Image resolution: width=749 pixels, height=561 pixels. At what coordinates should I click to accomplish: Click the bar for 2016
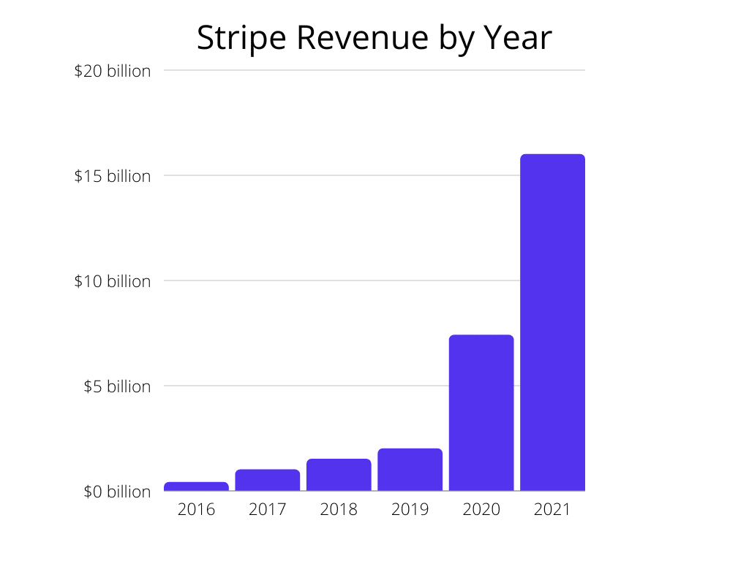coord(196,486)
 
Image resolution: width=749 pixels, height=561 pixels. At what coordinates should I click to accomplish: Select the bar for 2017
coord(267,480)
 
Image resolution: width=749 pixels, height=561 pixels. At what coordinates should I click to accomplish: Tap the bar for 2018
coord(339,475)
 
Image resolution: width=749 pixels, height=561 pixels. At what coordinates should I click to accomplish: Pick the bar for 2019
coord(410,470)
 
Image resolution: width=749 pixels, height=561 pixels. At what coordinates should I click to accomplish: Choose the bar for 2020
coord(481,413)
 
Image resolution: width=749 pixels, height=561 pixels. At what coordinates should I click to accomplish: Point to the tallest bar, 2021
coord(552,322)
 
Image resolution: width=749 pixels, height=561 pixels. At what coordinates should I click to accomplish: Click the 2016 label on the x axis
coord(196,509)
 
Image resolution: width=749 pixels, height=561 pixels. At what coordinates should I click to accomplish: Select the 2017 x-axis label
coord(267,509)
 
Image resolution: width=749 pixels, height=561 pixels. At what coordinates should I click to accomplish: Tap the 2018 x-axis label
coord(339,509)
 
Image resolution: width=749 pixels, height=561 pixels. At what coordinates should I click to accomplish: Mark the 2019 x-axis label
coord(410,509)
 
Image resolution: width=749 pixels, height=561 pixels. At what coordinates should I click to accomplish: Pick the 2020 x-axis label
coord(481,509)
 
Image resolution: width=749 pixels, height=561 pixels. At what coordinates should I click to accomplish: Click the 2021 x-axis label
coord(552,509)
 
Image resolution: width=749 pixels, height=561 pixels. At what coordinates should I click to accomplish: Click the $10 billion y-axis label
coord(112,281)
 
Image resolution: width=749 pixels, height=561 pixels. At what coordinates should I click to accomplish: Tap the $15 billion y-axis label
coord(112,176)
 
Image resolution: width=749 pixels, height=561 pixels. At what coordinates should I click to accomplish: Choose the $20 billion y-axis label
coord(112,71)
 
